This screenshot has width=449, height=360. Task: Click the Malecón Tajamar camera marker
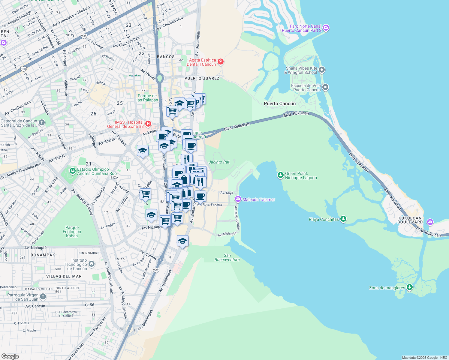238,199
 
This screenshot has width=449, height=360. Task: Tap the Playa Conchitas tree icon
343,219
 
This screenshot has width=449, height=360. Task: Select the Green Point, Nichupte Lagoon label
301,175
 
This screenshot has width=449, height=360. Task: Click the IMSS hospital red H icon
148,124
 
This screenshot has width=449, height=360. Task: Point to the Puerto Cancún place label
280,103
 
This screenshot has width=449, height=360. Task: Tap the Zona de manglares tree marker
410,288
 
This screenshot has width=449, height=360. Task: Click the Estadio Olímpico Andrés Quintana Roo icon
72,171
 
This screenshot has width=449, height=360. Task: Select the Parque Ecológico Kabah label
72,232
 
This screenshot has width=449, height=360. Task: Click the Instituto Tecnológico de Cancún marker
92,264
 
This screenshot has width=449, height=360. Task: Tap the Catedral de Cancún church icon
42,122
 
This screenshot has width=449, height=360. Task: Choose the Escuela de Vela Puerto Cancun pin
325,87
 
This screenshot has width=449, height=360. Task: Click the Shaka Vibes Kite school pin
322,70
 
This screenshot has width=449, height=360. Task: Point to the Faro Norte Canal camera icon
326,28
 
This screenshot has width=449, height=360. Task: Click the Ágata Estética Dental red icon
221,62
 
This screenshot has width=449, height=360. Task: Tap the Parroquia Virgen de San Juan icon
43,297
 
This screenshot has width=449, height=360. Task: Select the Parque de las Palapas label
147,98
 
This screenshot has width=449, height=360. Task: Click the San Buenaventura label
227,257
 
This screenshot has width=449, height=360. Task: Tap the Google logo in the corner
10,356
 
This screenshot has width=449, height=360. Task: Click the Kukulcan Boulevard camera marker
430,222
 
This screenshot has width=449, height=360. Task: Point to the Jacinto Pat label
219,162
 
